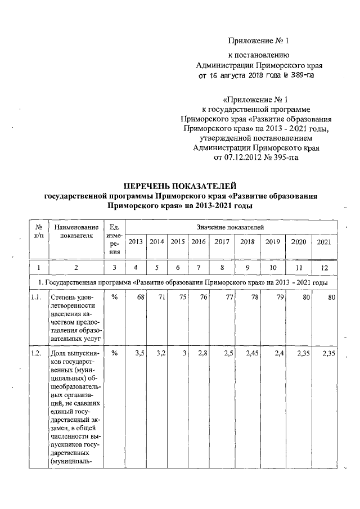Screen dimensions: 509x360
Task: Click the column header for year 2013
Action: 136,242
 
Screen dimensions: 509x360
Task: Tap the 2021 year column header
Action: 324,242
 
